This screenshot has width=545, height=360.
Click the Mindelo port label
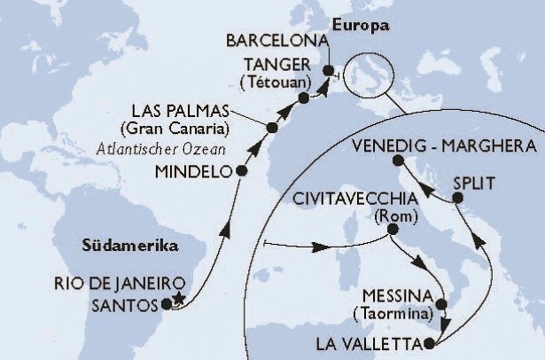coord(197,171)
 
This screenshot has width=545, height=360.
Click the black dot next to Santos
coord(166,305)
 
